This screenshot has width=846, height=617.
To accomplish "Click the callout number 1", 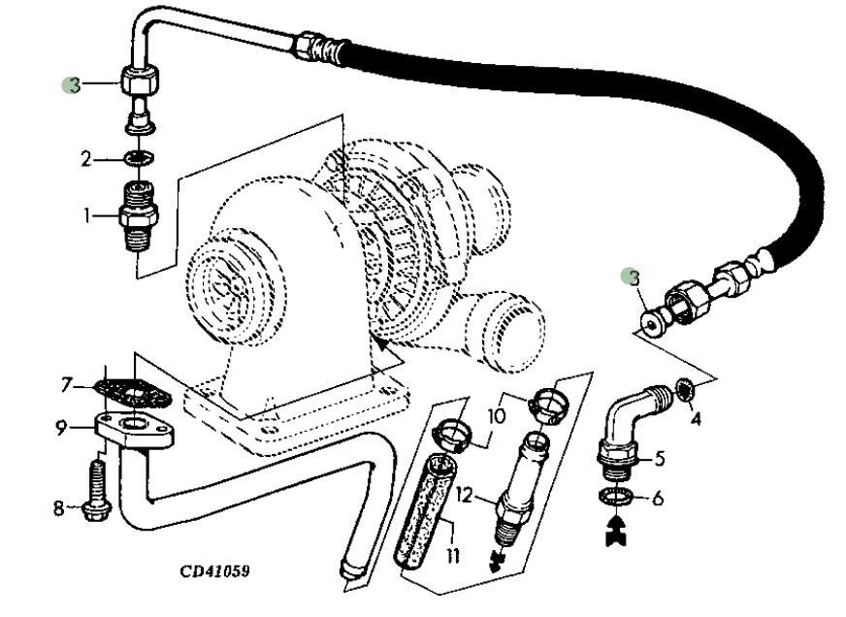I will click(x=88, y=215).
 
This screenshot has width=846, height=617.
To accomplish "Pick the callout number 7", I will click(x=67, y=386).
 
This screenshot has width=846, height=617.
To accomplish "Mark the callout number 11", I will click(x=453, y=556).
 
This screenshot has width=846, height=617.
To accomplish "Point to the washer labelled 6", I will click(x=619, y=500).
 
